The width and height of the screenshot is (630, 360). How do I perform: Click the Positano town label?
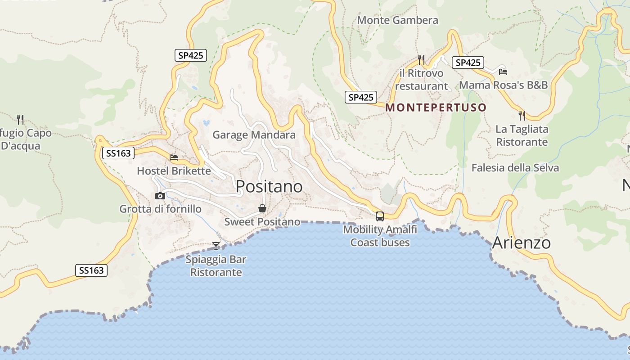[x=269, y=186]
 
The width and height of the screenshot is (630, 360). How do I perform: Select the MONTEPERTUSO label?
[x=436, y=108]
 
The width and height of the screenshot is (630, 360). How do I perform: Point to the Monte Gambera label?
[x=397, y=20]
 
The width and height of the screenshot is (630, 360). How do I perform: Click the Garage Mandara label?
[x=254, y=135]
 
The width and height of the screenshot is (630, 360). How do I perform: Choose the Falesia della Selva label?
[x=515, y=168]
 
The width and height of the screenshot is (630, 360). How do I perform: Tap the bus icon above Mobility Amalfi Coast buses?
[x=380, y=216]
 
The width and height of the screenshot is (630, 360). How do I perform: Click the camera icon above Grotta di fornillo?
[x=160, y=196]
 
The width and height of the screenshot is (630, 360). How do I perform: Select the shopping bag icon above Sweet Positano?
[x=262, y=208]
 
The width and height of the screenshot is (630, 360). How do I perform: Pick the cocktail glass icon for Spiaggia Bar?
[x=216, y=246]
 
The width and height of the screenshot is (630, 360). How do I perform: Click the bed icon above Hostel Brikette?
[x=174, y=157]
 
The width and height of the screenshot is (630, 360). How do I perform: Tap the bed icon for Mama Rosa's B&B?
[x=503, y=72]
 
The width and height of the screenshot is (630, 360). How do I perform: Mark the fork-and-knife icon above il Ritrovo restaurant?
[x=421, y=59]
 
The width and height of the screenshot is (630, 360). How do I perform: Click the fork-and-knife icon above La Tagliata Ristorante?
[x=522, y=116]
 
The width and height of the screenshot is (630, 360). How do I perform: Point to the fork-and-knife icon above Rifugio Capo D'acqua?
[x=20, y=119]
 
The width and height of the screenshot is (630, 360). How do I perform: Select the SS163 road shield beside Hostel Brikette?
[x=118, y=153]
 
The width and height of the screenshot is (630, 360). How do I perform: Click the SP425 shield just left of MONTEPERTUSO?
[x=361, y=97]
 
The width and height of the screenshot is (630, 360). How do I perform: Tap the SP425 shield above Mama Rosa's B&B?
[x=468, y=63]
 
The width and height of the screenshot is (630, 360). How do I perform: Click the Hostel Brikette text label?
[x=174, y=171]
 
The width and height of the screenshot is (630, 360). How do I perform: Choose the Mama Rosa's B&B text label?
[x=503, y=85]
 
